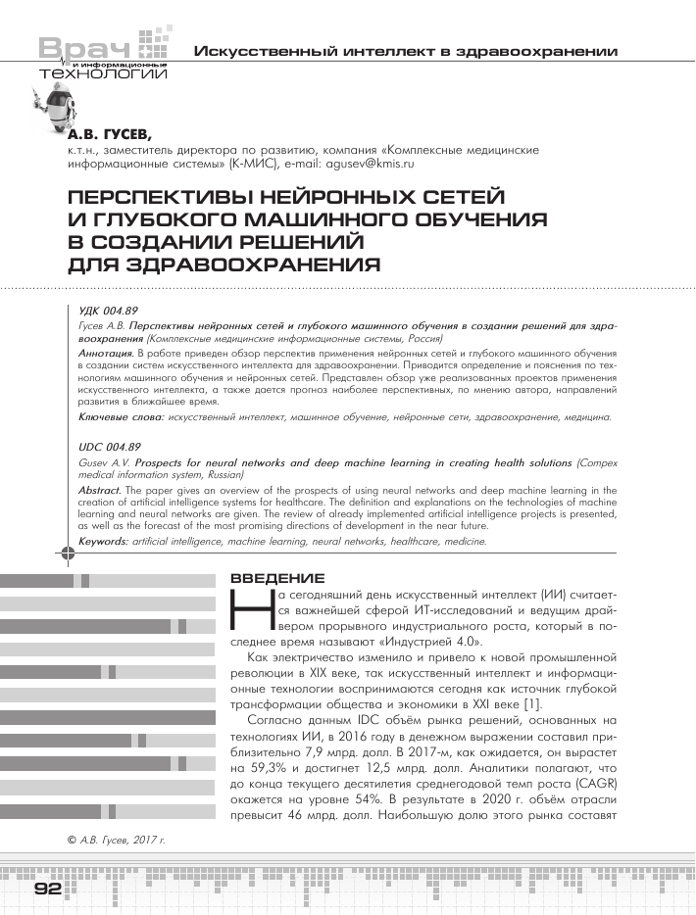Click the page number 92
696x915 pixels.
click(48, 889)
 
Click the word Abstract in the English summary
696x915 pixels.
click(101, 488)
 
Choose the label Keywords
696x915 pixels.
click(103, 541)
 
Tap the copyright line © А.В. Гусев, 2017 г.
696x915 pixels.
click(116, 840)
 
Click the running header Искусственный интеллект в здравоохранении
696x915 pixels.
click(406, 50)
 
